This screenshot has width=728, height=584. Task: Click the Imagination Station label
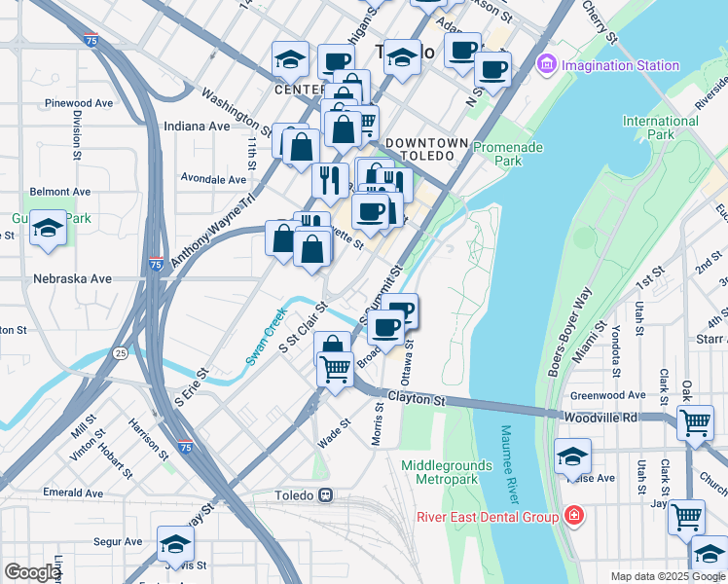tap(619, 65)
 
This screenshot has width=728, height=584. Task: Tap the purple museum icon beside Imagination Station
tap(546, 65)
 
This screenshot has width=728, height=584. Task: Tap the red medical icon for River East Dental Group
tap(574, 516)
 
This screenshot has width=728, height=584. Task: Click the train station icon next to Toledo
tap(327, 494)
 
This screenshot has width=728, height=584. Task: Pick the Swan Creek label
tap(265, 336)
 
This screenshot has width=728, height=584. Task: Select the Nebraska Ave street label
tap(72, 278)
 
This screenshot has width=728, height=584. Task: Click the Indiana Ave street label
tap(197, 126)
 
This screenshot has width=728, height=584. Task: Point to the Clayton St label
tap(416, 399)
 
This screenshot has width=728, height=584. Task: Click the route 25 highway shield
tap(120, 351)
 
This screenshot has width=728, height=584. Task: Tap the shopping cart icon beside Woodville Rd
tap(695, 422)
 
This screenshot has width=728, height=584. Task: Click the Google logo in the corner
tap(32, 572)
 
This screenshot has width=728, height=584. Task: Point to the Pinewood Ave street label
tap(87, 102)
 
